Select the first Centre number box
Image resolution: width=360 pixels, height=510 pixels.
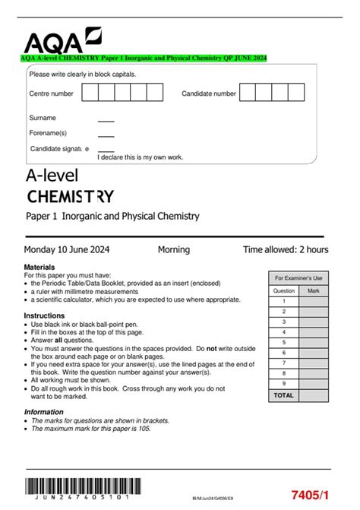[89, 93]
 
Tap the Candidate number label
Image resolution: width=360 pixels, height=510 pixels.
[209, 93]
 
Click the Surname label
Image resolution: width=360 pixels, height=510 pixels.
[43, 118]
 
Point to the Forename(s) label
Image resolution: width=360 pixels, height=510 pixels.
[48, 133]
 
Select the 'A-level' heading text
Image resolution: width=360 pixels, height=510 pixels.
[52, 176]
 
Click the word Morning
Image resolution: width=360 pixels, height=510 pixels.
[174, 249]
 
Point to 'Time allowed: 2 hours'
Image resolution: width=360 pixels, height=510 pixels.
[286, 249]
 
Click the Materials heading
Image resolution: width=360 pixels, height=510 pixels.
[39, 268]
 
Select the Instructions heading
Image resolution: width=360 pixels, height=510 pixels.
[44, 315]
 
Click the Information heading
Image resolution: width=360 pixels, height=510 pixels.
[43, 412]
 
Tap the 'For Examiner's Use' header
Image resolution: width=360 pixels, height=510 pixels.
[298, 278]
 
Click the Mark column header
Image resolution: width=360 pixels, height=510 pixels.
[314, 290]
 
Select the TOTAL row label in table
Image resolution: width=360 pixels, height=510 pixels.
[283, 396]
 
